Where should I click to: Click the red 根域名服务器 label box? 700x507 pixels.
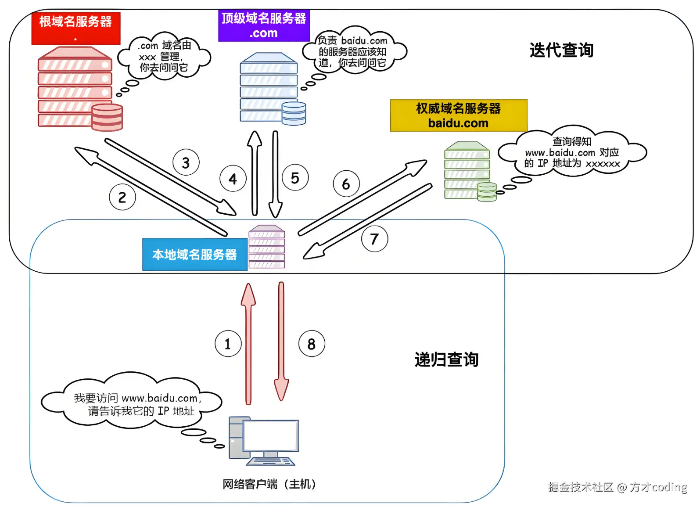[x=75, y=28]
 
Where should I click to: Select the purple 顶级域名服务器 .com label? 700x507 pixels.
[x=264, y=25]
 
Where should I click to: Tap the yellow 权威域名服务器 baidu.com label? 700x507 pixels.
[x=459, y=115]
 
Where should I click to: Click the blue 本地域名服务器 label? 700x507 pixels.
[x=194, y=255]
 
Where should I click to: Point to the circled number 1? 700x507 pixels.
[x=228, y=344]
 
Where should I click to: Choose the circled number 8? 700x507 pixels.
[x=312, y=344]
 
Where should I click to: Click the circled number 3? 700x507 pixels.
[x=186, y=162]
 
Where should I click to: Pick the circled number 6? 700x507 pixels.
[x=346, y=184]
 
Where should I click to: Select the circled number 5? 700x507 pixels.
[x=295, y=178]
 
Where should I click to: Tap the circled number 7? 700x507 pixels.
[x=374, y=239]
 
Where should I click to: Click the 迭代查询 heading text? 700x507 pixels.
[x=561, y=50]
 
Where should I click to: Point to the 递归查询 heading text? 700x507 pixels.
[x=446, y=360]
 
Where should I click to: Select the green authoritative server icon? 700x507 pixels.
[x=468, y=171]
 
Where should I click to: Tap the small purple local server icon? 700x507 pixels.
[x=267, y=247]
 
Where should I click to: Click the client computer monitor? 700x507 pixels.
[x=270, y=436]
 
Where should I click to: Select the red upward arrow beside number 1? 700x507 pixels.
[x=248, y=342]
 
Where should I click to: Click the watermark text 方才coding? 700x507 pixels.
[x=658, y=487]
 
